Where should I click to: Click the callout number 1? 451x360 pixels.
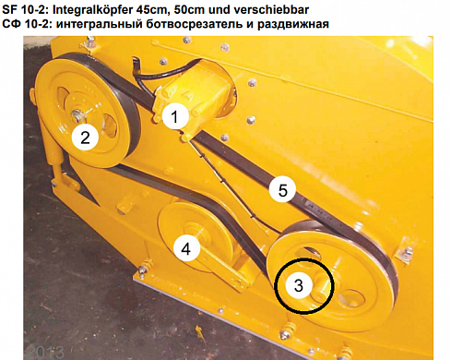tap(175, 117)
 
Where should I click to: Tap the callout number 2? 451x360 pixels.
tap(85, 138)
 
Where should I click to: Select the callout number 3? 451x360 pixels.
tap(299, 285)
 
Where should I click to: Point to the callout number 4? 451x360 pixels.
tap(186, 248)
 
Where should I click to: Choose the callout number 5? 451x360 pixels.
tap(282, 190)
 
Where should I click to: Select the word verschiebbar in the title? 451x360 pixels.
tap(271, 9)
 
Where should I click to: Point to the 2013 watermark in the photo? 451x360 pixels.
tap(45, 352)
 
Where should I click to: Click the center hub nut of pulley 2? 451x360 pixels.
tap(76, 115)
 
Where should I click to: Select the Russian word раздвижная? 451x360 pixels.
tap(293, 24)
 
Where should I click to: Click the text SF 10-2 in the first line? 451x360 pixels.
tap(25, 9)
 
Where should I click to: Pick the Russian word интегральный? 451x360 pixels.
tap(99, 24)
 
